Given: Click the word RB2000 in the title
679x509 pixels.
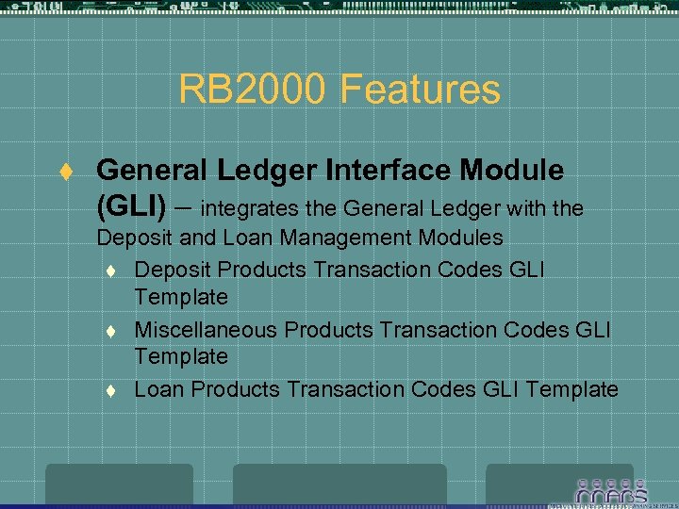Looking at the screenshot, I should point(250,90).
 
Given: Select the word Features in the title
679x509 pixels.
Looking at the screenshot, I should point(421,90).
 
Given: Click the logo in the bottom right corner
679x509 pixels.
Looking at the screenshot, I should point(612,491).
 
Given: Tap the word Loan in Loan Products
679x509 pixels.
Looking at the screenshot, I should point(157,389).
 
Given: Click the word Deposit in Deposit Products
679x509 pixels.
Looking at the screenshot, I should point(172,270).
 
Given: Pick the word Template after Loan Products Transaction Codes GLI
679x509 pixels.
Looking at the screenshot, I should point(572,389).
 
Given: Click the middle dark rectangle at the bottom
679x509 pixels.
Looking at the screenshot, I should point(339,484).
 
